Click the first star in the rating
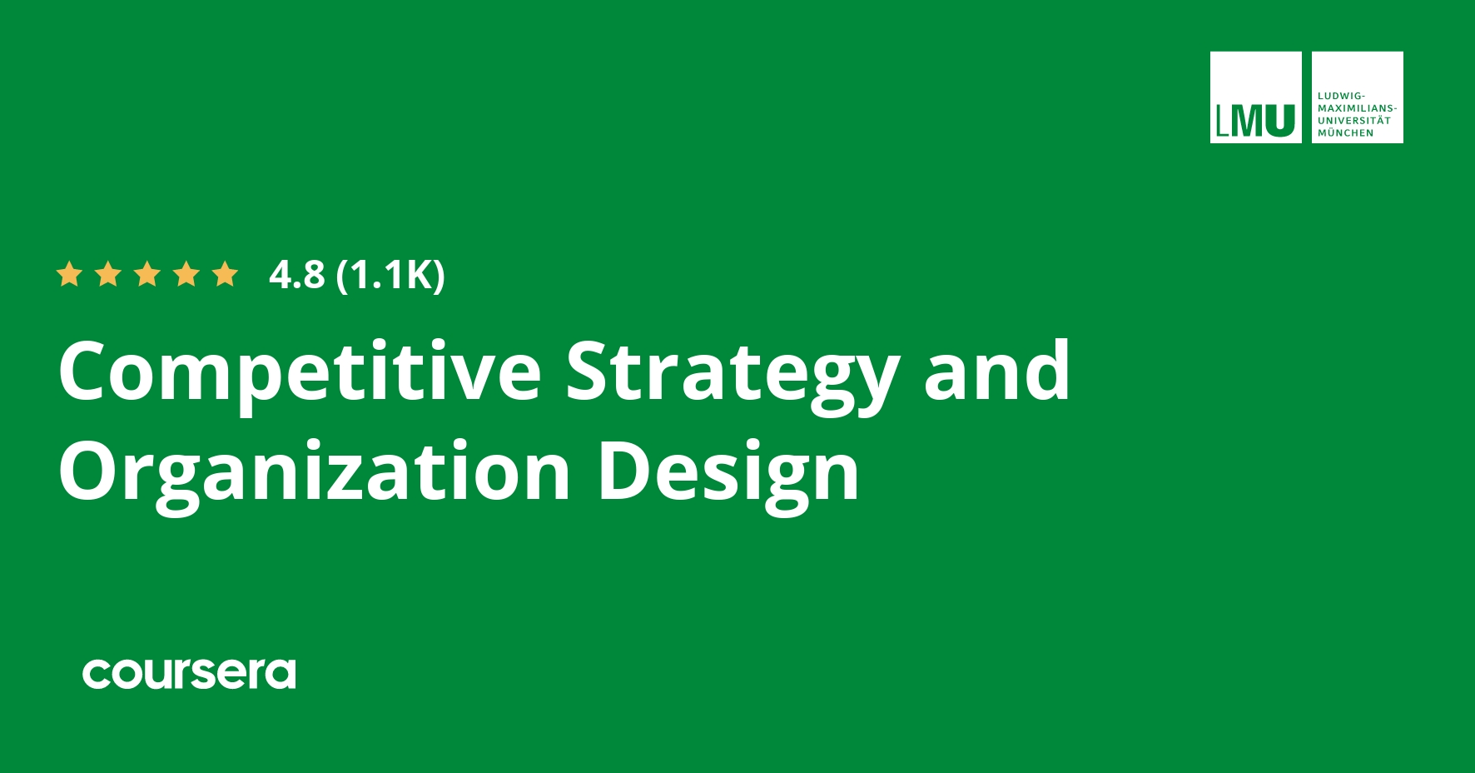click(69, 274)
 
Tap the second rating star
click(108, 274)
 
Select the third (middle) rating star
click(147, 274)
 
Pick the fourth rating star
click(186, 274)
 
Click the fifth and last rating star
click(226, 274)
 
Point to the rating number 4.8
click(296, 274)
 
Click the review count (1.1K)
click(390, 274)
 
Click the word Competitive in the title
click(300, 372)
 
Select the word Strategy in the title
click(733, 372)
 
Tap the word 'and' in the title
click(996, 370)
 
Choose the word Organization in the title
click(314, 471)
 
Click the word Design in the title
click(728, 471)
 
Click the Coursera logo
click(189, 673)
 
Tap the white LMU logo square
click(1255, 97)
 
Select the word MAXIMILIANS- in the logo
click(1357, 108)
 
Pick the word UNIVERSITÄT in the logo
click(1354, 121)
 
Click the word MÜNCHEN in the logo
click(1346, 133)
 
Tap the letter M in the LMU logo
click(1246, 121)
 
